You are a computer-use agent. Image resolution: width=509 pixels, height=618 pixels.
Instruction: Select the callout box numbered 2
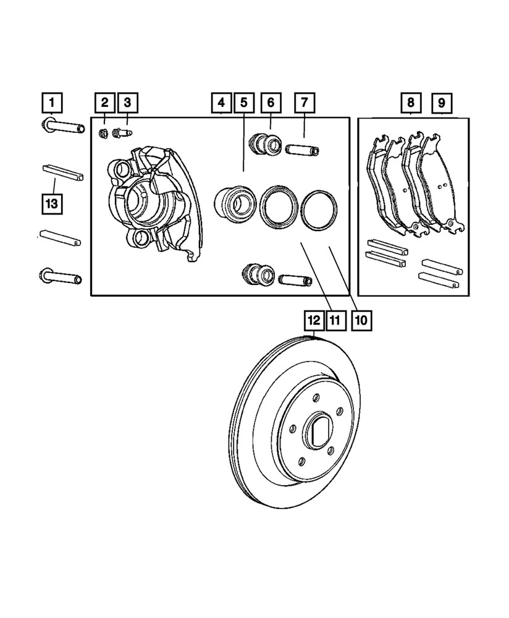point(104,101)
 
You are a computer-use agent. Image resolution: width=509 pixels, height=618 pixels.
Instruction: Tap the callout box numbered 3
point(127,101)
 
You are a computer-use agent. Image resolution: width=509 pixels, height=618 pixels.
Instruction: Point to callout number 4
point(221,101)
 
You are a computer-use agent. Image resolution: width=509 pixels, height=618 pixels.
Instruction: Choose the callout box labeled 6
point(271,101)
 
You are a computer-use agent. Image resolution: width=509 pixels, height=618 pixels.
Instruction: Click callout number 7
point(305,101)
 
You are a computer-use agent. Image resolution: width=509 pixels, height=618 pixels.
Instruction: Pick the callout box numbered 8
point(411,101)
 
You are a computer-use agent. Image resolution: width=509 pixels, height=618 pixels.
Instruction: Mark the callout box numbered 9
point(441,101)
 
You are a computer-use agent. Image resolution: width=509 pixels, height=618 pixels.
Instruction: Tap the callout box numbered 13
point(53,203)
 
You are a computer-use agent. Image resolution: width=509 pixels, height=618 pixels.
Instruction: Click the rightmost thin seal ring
point(319,210)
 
